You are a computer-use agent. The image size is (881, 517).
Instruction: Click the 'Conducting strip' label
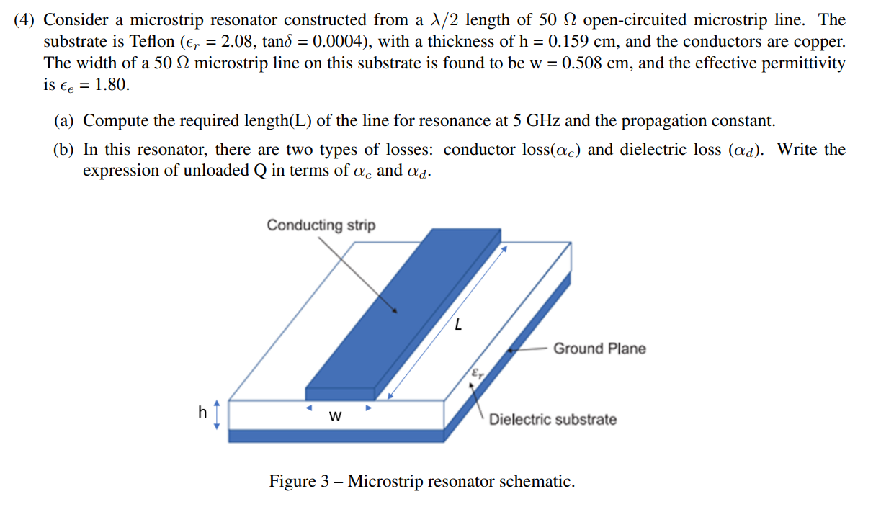pyautogui.click(x=321, y=225)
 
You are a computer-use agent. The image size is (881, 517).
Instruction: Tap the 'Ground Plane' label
pyautogui.click(x=599, y=349)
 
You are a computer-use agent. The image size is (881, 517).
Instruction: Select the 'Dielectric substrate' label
pyautogui.click(x=553, y=419)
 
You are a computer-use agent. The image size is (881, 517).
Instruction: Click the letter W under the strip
pyautogui.click(x=335, y=417)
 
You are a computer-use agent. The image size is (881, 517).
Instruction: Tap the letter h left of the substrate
pyautogui.click(x=202, y=412)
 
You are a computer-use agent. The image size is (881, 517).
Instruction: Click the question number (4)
pyautogui.click(x=26, y=20)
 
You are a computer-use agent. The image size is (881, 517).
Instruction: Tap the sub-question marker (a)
pyautogui.click(x=65, y=120)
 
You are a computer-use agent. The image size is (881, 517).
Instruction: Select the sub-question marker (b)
pyautogui.click(x=66, y=150)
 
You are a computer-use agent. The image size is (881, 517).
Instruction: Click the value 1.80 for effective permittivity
pyautogui.click(x=112, y=85)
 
